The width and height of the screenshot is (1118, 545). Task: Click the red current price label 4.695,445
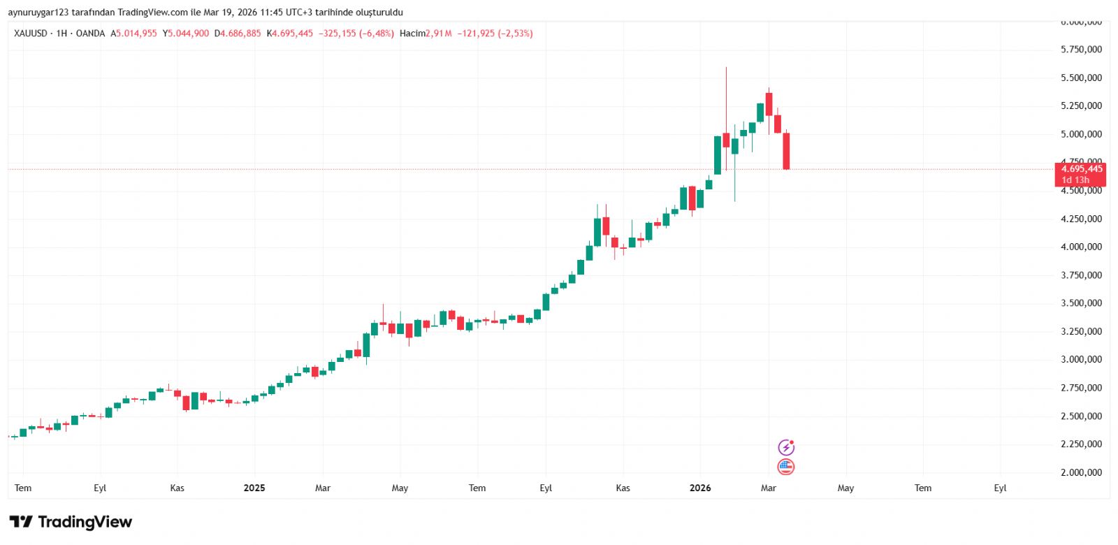[x=1081, y=169]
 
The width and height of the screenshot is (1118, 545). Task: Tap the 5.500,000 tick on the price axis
[x=1081, y=78]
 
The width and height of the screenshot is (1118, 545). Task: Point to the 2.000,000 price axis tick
[x=1081, y=472]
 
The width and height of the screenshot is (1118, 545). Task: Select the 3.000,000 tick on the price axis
[x=1081, y=359]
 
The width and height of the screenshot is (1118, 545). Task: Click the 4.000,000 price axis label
[x=1081, y=247]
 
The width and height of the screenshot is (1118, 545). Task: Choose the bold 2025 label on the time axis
[x=254, y=488]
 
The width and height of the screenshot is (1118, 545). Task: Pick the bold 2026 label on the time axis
[x=700, y=488]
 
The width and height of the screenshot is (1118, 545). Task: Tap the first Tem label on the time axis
[x=23, y=488]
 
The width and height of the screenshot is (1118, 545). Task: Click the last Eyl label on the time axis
[x=1000, y=488]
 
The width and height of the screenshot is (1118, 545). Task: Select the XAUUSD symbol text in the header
[x=31, y=34]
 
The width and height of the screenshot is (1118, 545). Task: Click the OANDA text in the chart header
[x=90, y=34]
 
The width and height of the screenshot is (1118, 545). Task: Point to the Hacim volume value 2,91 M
[x=439, y=34]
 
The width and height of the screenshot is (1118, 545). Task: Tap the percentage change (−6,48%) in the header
[x=377, y=34]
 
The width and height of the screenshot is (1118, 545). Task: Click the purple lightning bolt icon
[x=786, y=447]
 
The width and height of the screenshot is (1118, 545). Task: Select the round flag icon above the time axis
[x=786, y=467]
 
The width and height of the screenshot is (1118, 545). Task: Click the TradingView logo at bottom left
[x=71, y=522]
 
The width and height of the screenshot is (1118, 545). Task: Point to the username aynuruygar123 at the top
[x=38, y=13]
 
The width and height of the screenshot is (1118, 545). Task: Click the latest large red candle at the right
[x=786, y=150]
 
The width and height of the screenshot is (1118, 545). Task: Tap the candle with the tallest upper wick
[x=726, y=140]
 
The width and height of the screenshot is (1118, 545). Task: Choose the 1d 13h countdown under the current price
[x=1075, y=180]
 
